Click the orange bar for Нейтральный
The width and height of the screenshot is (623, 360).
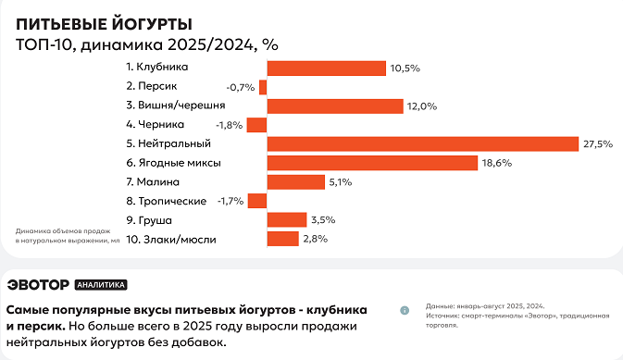[x=423, y=143]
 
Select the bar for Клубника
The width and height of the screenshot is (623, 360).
[x=326, y=68]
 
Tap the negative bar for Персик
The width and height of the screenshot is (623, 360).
[x=263, y=87]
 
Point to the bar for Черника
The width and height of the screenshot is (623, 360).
[x=257, y=125]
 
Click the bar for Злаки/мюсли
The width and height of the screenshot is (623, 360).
[x=282, y=239]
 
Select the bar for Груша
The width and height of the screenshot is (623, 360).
[x=287, y=219]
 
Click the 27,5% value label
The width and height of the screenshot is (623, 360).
[x=598, y=143]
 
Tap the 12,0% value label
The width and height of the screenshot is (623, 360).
[x=421, y=106]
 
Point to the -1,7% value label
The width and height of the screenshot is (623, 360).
[x=231, y=201]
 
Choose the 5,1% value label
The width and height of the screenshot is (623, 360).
[x=340, y=182]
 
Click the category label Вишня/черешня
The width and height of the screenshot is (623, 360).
[x=176, y=106]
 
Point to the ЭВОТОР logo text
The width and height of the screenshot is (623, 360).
[x=38, y=285]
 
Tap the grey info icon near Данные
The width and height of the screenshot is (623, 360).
[x=405, y=310]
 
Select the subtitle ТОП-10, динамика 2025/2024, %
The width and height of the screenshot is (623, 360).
[x=147, y=44]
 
